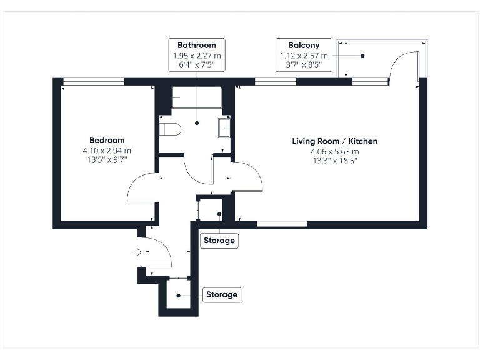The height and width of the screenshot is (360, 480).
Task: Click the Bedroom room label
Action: tap(107, 141)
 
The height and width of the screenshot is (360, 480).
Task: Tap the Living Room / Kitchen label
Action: tap(335, 141)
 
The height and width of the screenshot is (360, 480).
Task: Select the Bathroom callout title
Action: tap(197, 46)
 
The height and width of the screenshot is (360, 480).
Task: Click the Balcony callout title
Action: tap(304, 46)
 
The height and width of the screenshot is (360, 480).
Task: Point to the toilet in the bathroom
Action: tap(169, 129)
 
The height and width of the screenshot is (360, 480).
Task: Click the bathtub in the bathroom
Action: tap(197, 97)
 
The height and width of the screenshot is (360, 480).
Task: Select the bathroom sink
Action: tap(224, 127)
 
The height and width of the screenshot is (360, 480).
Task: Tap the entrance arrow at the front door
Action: tap(137, 252)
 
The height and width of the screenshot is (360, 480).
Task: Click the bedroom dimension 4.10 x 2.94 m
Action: tap(107, 151)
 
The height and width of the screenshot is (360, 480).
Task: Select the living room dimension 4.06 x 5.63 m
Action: tap(335, 151)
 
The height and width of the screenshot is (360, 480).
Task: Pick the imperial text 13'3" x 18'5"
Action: tap(335, 161)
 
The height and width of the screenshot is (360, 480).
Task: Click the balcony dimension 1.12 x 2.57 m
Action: tap(304, 56)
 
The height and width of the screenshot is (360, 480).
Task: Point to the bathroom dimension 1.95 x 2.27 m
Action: tap(197, 56)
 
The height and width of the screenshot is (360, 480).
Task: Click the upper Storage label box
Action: tap(219, 241)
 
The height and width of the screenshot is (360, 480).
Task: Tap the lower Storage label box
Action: tap(222, 294)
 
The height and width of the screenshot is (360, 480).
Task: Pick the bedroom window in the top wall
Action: tap(94, 81)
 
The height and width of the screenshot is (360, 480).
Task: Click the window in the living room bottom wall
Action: tap(281, 224)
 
